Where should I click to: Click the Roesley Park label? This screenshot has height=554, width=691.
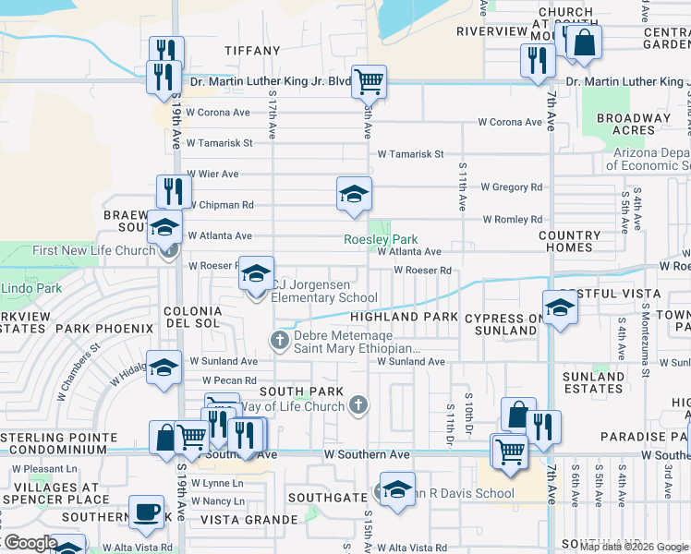pos(381,239)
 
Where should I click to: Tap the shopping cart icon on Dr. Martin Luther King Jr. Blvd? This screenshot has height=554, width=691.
pos(369,81)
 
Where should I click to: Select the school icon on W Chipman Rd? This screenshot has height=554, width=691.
pos(354,194)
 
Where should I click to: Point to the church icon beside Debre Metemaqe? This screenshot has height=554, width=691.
pos(280,341)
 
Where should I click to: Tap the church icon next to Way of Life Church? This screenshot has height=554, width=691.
pos(359,404)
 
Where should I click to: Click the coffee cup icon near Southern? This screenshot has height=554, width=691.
pos(146,512)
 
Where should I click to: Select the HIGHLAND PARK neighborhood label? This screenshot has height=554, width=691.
pos(404,317)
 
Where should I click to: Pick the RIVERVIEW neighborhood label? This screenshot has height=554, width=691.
pos(491,31)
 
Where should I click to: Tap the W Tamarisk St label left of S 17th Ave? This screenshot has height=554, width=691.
pos(219,143)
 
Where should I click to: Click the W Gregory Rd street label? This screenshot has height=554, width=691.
pos(511,187)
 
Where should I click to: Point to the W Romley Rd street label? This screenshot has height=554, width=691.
pos(513,220)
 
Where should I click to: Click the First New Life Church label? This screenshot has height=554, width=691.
pos(93,251)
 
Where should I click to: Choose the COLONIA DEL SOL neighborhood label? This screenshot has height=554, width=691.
pos(192,318)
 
